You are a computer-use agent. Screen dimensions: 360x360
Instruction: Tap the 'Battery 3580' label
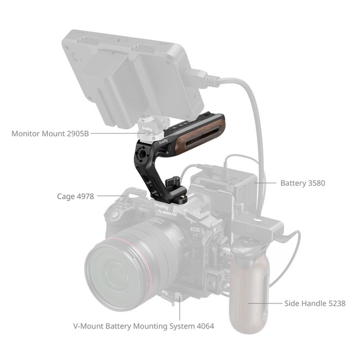(302, 183)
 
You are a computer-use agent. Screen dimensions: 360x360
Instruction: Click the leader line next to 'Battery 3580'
(268, 183)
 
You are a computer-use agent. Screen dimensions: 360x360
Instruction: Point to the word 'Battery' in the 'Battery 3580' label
(293, 183)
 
